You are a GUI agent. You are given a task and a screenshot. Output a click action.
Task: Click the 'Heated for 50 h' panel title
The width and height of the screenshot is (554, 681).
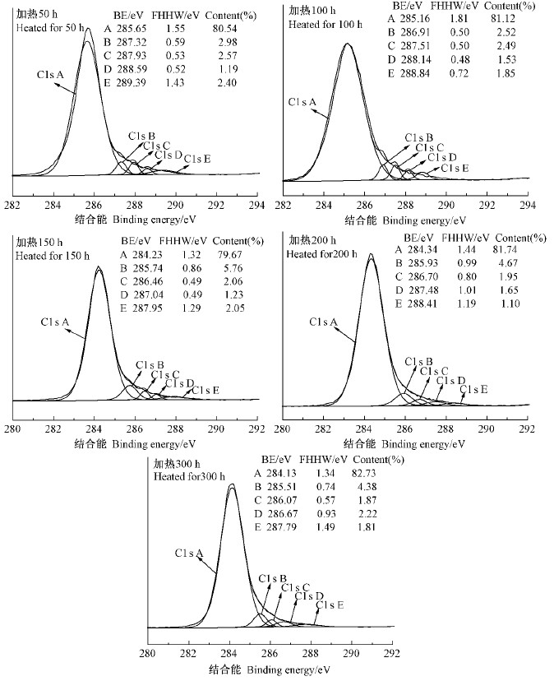pyautogui.click(x=49, y=27)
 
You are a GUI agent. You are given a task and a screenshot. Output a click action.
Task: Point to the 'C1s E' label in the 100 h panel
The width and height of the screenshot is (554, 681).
pyautogui.click(x=455, y=168)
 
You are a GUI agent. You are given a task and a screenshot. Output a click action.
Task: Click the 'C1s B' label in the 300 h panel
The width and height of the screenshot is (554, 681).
pyautogui.click(x=273, y=579)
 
